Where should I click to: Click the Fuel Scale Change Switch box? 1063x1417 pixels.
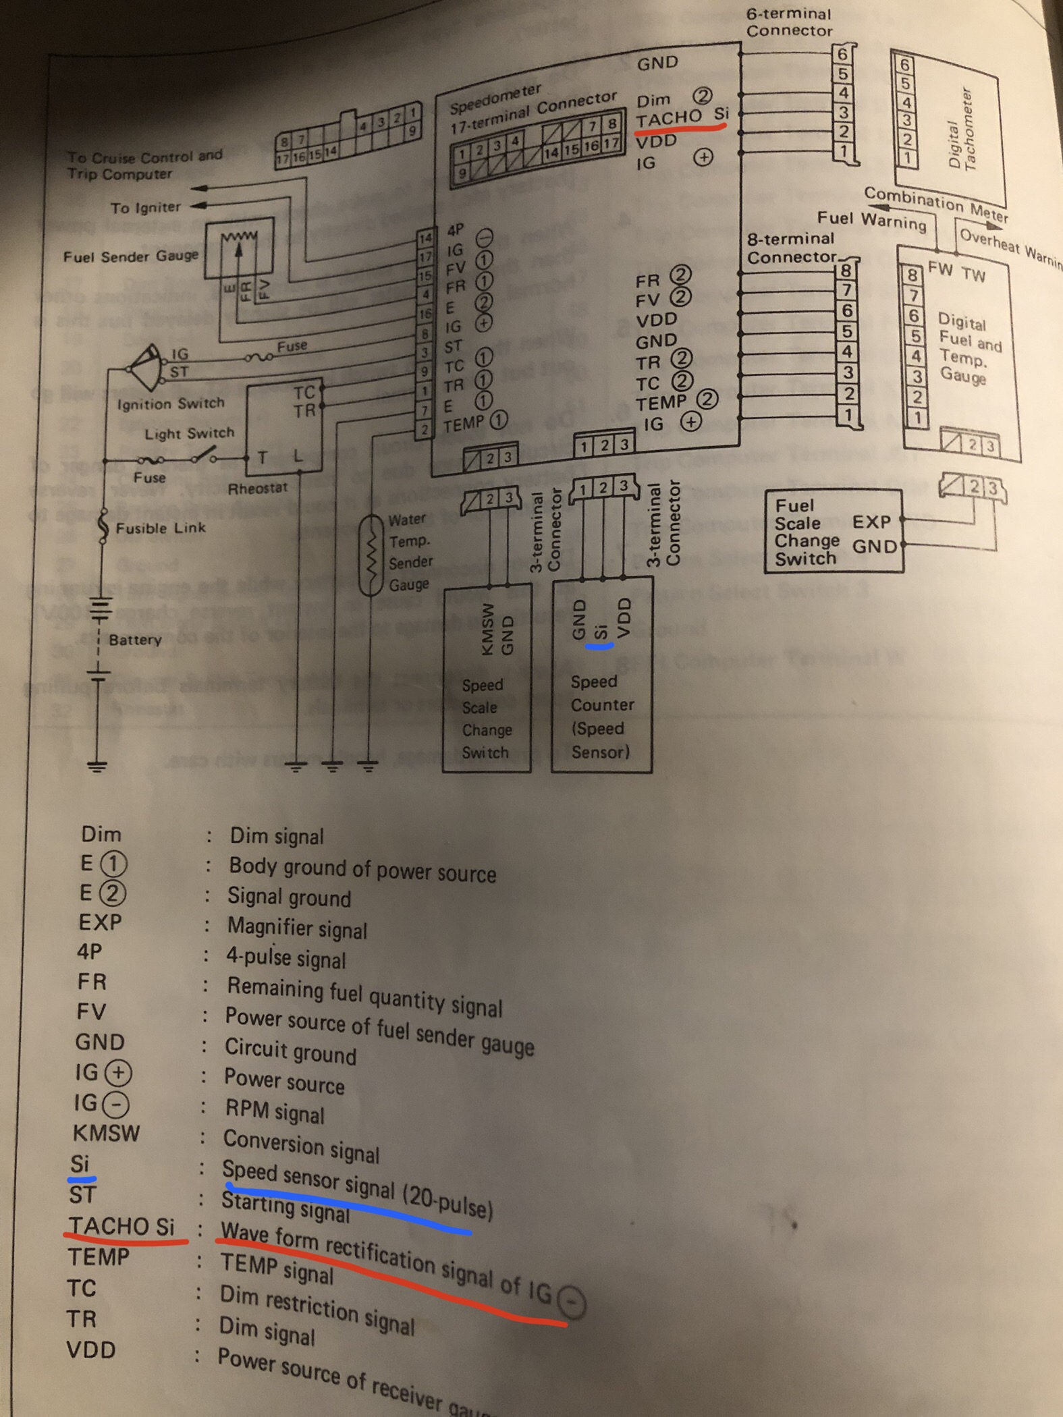tap(833, 532)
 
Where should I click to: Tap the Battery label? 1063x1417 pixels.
tap(135, 639)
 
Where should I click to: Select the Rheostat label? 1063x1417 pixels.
tap(257, 488)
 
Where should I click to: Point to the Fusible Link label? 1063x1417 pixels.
tap(161, 528)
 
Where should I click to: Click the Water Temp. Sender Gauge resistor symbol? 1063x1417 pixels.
tap(371, 555)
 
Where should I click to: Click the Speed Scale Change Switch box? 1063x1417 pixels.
tap(486, 678)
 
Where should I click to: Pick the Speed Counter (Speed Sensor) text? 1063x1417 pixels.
tap(601, 716)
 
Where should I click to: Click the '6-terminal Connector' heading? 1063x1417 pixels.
tap(789, 22)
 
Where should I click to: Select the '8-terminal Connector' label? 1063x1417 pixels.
tap(791, 248)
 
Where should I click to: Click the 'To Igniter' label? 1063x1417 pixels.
tap(146, 207)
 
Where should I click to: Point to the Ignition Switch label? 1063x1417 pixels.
tap(170, 404)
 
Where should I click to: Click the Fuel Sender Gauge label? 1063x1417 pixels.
tap(131, 256)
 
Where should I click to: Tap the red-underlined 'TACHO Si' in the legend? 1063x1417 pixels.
tap(121, 1225)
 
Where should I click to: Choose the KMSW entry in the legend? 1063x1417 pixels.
tap(106, 1133)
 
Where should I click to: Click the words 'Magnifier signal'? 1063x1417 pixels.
tap(297, 928)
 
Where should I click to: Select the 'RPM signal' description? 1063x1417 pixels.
tap(274, 1111)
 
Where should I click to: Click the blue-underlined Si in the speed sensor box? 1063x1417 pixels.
tap(599, 632)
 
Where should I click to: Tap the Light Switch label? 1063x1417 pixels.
tap(189, 433)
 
